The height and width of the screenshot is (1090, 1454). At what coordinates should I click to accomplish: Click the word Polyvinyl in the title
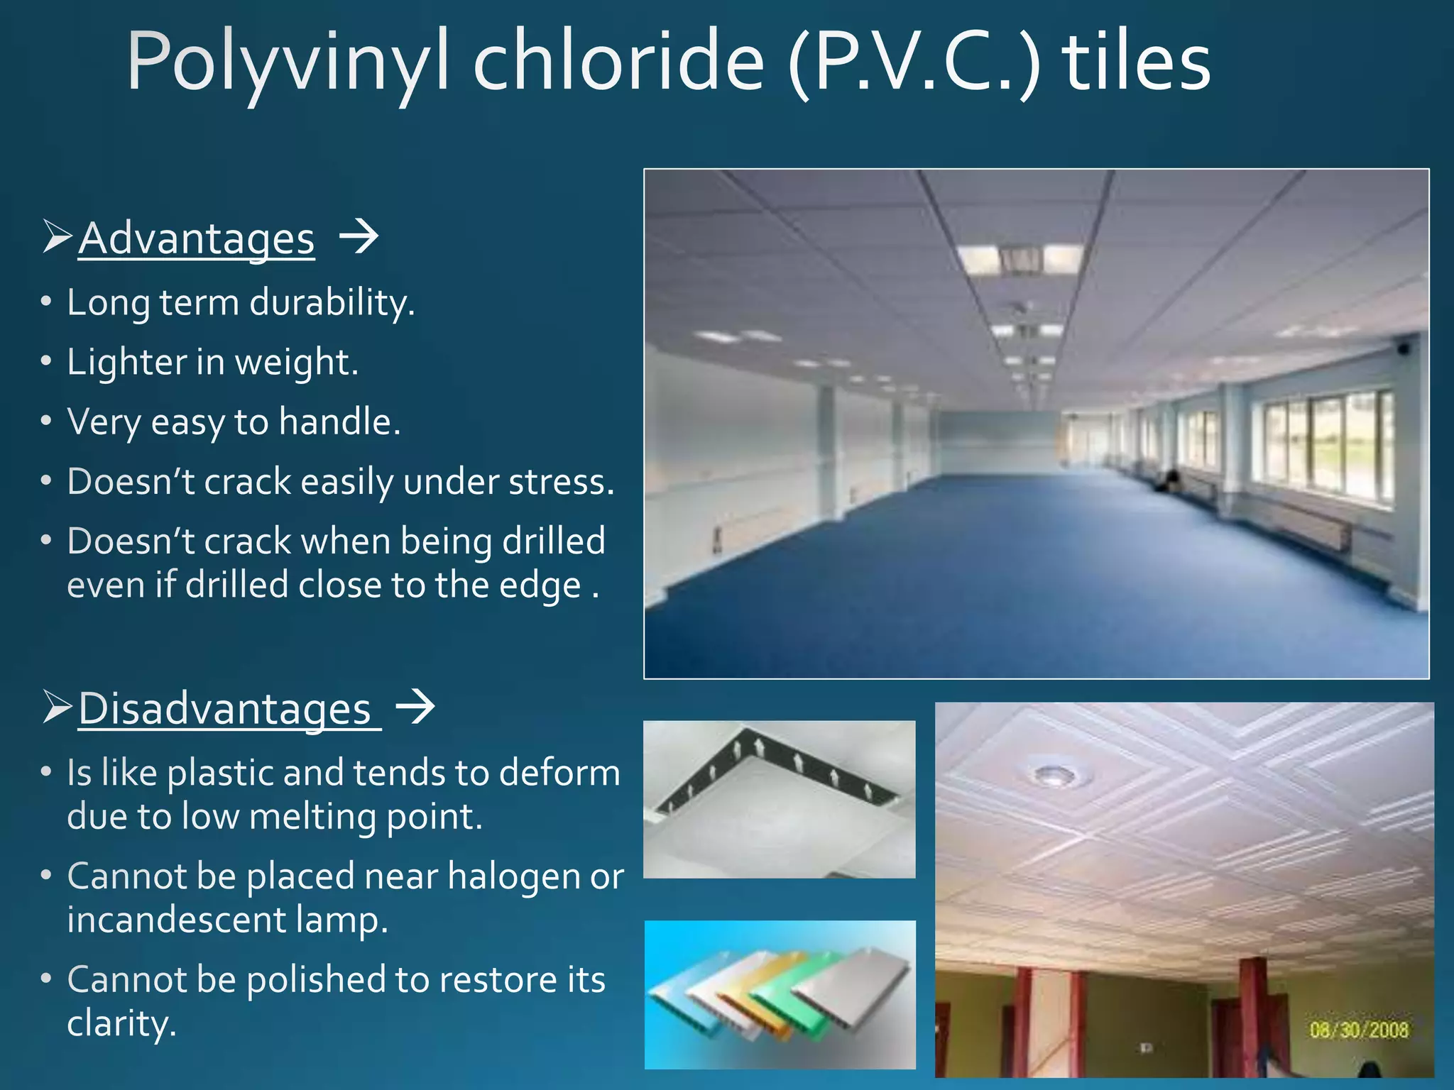(288, 64)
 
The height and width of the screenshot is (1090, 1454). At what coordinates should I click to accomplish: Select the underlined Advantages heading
(196, 238)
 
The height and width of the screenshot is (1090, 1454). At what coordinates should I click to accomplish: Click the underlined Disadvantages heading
(225, 709)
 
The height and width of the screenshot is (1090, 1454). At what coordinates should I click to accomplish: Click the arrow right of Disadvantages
(415, 708)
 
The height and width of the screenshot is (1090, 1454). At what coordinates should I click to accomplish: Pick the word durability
(332, 303)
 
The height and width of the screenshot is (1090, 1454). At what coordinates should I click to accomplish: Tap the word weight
(296, 363)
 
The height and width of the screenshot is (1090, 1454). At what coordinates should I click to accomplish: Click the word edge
(540, 586)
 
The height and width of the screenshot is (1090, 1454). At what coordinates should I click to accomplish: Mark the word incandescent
(176, 920)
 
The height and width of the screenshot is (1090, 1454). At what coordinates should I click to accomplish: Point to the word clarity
(121, 1024)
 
